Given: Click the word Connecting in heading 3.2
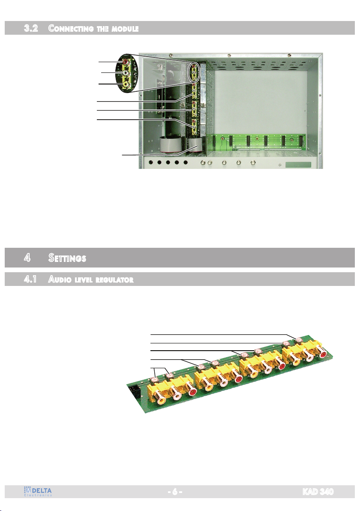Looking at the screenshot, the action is (x=71, y=28).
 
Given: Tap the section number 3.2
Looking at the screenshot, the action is (x=31, y=28).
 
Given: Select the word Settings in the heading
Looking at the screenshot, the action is (x=67, y=258).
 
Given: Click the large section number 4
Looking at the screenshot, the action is (x=27, y=258).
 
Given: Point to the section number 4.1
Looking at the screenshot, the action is (x=30, y=279).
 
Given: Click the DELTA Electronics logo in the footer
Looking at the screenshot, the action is (x=38, y=491).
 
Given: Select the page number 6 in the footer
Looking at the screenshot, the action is (x=175, y=491).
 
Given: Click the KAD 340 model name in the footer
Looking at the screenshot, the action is (x=318, y=491).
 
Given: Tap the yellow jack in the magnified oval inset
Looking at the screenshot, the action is (x=126, y=84).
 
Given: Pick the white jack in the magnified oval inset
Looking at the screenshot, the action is (x=126, y=73).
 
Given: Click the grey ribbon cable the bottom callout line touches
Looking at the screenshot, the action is (x=195, y=145).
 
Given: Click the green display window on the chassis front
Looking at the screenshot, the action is (x=298, y=165).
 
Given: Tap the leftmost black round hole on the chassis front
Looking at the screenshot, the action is (x=150, y=162).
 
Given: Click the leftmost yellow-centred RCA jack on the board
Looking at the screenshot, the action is (x=161, y=399).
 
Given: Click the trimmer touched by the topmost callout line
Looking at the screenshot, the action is (x=299, y=340).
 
